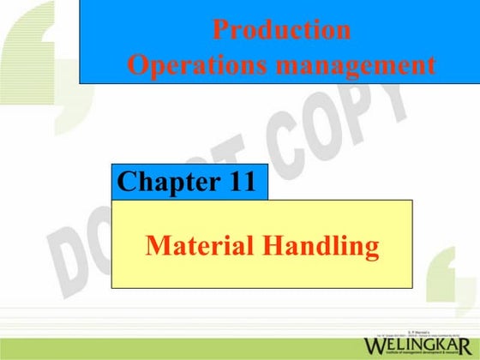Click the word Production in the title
(x=281, y=29)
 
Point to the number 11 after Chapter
(x=241, y=182)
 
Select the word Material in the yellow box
(x=197, y=246)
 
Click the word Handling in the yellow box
(x=321, y=246)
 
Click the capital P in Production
(x=220, y=29)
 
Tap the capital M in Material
(x=158, y=246)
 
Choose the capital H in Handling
(x=273, y=246)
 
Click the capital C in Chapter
(x=126, y=182)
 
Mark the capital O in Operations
(x=137, y=64)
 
